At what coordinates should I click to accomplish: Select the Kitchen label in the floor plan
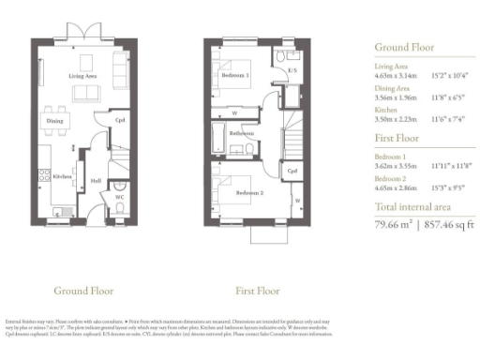62,176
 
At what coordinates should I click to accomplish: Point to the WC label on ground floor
119,198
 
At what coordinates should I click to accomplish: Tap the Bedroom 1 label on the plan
236,74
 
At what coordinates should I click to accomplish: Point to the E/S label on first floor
292,70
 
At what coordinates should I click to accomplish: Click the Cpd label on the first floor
292,172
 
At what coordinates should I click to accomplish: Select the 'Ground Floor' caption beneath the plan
84,290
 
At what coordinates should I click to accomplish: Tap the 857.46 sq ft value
449,224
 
